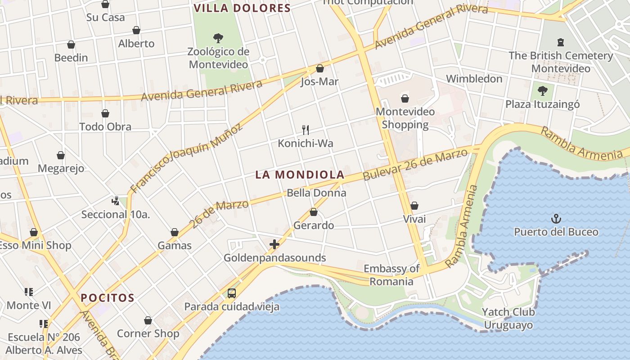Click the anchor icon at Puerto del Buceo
pyautogui.click(x=557, y=219)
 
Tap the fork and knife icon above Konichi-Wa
pyautogui.click(x=306, y=130)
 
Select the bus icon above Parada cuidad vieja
pyautogui.click(x=232, y=293)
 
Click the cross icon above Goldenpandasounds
pyautogui.click(x=274, y=244)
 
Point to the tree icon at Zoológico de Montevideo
pyautogui.click(x=218, y=38)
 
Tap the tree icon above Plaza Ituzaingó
pyautogui.click(x=543, y=90)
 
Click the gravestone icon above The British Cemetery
pyautogui.click(x=561, y=42)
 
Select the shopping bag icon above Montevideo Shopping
pyautogui.click(x=405, y=98)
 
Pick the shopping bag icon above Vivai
pyautogui.click(x=414, y=206)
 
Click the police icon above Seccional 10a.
pyautogui.click(x=116, y=201)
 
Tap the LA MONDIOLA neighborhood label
pyautogui.click(x=300, y=175)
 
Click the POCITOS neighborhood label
pyautogui.click(x=108, y=298)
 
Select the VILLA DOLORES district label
pyautogui.click(x=242, y=8)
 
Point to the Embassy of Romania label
pyautogui.click(x=391, y=275)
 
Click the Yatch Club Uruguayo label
pyautogui.click(x=508, y=318)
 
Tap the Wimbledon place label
pyautogui.click(x=474, y=79)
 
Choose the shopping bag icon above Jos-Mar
pyautogui.click(x=320, y=68)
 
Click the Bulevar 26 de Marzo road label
pyautogui.click(x=416, y=165)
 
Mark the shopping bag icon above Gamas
pyautogui.click(x=175, y=232)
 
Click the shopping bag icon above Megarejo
pyautogui.click(x=61, y=155)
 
